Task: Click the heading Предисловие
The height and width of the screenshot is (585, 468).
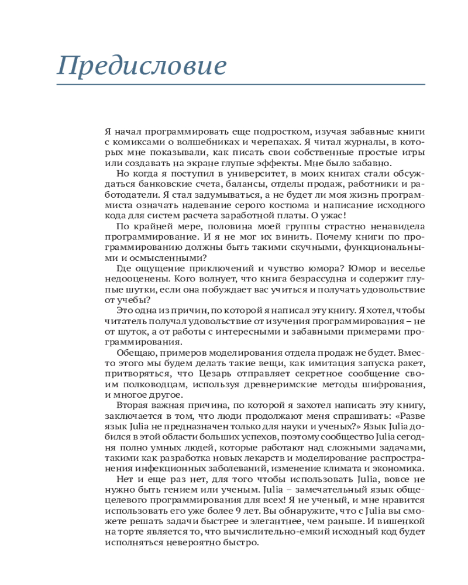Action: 141,65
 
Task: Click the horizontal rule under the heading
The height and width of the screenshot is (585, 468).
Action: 240,85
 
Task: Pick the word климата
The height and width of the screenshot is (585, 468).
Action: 339,469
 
